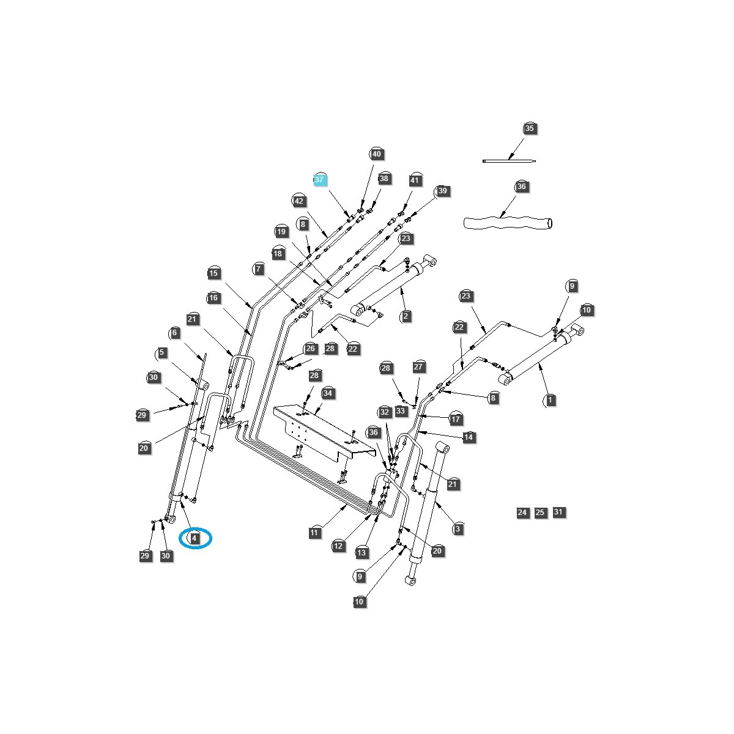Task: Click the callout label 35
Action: (x=529, y=128)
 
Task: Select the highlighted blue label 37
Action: (x=320, y=180)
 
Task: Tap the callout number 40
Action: (x=376, y=154)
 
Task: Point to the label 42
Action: (x=298, y=201)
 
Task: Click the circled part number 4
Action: (x=195, y=538)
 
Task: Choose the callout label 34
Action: (x=328, y=393)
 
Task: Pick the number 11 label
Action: (x=314, y=533)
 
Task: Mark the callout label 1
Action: (x=550, y=400)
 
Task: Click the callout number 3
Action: (x=457, y=528)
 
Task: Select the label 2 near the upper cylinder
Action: (x=406, y=316)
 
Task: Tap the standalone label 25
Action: (x=540, y=513)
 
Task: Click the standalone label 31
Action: (x=558, y=512)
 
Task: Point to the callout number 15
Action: (x=213, y=273)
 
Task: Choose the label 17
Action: (x=455, y=419)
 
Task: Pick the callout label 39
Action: (x=442, y=191)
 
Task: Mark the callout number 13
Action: (x=361, y=552)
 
